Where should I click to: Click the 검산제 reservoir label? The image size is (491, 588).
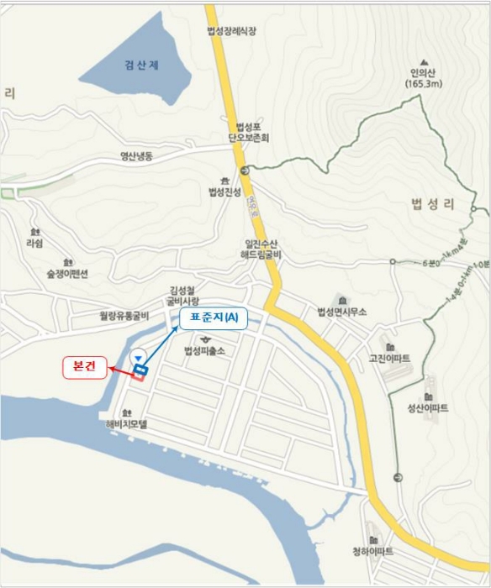[141, 66]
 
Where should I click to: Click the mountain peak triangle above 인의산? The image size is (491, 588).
[424, 61]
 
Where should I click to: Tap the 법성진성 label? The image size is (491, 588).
[224, 192]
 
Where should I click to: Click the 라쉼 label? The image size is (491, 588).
[34, 242]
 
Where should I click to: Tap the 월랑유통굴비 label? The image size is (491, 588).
[124, 317]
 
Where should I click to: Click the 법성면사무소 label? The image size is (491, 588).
[342, 312]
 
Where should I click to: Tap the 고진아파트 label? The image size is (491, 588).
[389, 359]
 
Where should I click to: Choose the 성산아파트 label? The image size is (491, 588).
[428, 408]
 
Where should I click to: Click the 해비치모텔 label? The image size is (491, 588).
[127, 425]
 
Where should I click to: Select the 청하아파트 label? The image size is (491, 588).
[373, 552]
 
